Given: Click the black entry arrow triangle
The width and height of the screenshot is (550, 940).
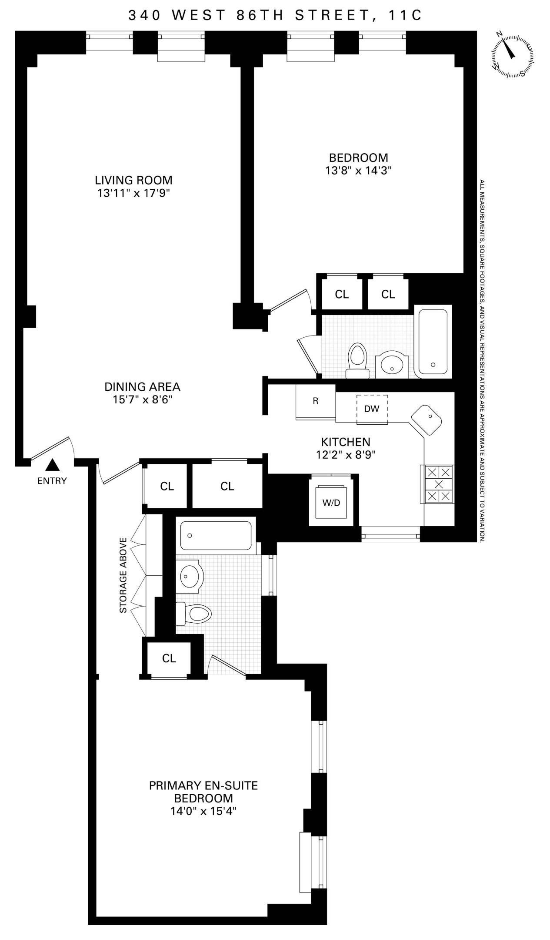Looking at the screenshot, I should tap(53, 465).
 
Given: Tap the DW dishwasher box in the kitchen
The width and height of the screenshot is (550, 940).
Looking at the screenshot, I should tap(372, 409).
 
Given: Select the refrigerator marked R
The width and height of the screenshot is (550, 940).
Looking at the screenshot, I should tap(315, 401).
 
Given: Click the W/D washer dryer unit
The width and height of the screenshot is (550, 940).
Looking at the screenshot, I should tap(331, 503).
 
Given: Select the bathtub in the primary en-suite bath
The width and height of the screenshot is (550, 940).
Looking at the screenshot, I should tap(216, 536).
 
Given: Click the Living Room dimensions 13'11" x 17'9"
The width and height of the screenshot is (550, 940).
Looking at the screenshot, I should tap(133, 193).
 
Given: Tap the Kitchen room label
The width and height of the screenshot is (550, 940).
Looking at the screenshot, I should tap(346, 442).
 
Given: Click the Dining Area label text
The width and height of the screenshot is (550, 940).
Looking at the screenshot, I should tap(142, 386).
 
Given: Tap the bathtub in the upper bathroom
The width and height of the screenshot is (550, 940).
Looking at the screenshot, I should tap(432, 342).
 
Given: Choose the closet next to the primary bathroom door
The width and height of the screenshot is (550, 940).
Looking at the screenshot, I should tap(169, 658).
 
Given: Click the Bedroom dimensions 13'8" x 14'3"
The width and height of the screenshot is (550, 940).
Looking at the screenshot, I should tap(358, 171).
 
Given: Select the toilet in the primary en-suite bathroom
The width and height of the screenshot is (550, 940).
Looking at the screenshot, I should tap(194, 614).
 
